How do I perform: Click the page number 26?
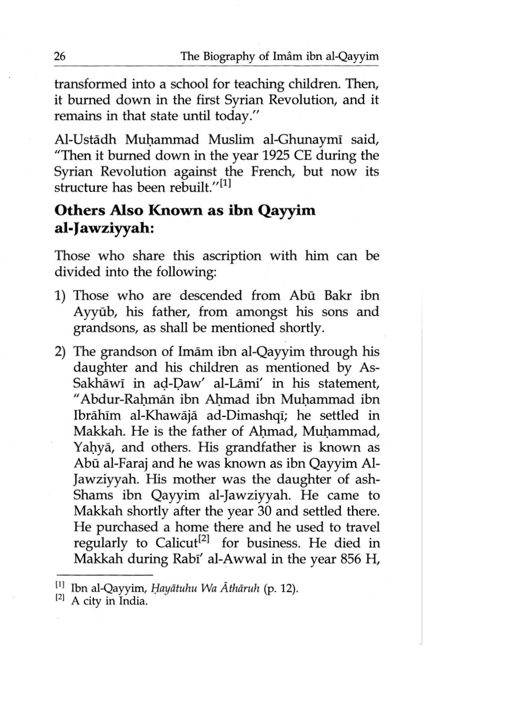pos(60,56)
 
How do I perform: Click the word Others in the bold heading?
pos(80,210)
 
